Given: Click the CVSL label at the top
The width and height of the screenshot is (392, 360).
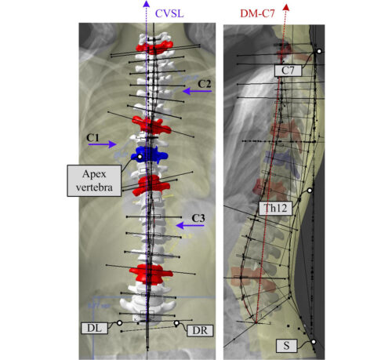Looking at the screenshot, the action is tap(169, 13).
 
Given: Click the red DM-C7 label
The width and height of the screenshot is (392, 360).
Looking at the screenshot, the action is tap(257, 13).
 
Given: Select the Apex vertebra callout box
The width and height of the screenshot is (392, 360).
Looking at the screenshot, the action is tap(94, 180).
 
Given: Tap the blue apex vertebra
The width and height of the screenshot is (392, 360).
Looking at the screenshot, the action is tap(149, 155).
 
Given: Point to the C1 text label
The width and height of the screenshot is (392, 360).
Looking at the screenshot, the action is tap(93, 137).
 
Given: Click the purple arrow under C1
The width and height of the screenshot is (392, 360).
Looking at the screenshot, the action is tap(102, 144).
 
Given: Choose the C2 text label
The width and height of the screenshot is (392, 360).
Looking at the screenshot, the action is tap(205, 84).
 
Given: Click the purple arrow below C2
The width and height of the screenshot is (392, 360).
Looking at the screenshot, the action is tap(197, 91).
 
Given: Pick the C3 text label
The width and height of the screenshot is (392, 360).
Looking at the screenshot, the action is tap(198, 218).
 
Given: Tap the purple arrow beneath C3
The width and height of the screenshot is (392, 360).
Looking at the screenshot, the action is tap(190, 225).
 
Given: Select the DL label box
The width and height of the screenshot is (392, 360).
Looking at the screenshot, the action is tap(94, 328).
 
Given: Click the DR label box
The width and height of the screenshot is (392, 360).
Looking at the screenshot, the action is tap(200, 330).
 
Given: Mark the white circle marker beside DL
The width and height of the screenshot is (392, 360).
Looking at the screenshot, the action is tap(119, 323).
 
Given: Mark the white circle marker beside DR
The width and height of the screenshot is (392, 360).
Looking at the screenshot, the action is tap(176, 323).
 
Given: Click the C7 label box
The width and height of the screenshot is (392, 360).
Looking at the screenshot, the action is tap(288, 71).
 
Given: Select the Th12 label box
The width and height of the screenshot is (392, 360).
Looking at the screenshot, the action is tap(275, 208).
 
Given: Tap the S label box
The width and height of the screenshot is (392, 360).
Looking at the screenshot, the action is tap(287, 345).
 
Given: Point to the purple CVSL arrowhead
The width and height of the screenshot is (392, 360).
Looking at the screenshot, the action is tap(147, 4).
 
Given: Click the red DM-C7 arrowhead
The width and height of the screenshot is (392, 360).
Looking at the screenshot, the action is tap(286, 7).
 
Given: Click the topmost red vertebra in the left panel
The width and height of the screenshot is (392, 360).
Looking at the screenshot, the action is tap(154, 48).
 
